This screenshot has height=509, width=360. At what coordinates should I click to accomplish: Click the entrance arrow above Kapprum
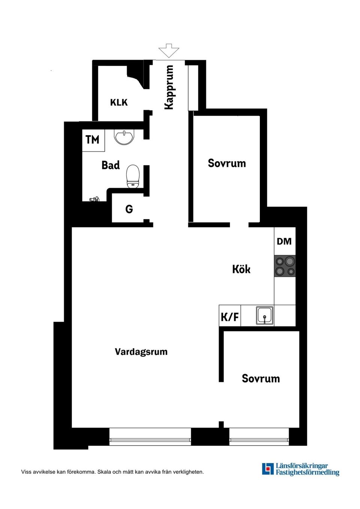coord(169,51)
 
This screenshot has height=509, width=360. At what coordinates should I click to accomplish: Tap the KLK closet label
coord(119,102)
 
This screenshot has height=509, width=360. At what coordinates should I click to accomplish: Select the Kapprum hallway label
coord(169,87)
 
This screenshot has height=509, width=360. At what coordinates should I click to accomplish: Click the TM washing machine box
coord(93,140)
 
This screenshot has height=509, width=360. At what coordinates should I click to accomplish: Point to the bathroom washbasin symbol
coord(124,137)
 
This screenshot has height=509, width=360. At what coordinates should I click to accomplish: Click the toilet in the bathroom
coord(133,177)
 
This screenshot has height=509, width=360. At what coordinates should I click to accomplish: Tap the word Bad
coord(111,165)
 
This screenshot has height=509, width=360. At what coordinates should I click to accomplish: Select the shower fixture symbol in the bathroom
coord(94,199)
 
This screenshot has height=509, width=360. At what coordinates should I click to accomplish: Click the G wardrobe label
coord(129,209)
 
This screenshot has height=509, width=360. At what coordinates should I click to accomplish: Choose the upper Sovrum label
coord(227,163)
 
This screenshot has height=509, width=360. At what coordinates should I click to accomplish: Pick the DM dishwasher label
coord(284,241)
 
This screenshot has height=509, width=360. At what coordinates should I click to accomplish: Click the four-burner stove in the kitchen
coord(285,266)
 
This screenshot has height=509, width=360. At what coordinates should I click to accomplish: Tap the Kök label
coord(241,269)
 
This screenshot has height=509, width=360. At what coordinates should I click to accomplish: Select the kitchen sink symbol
coord(265,316)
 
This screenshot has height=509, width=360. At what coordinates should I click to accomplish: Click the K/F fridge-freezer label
coord(229,317)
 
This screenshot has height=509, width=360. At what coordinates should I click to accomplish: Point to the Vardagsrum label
coord(141,352)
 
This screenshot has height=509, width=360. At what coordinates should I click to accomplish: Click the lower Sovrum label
coord(261,379)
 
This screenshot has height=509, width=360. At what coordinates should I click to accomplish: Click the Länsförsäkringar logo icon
coord(268,469)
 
